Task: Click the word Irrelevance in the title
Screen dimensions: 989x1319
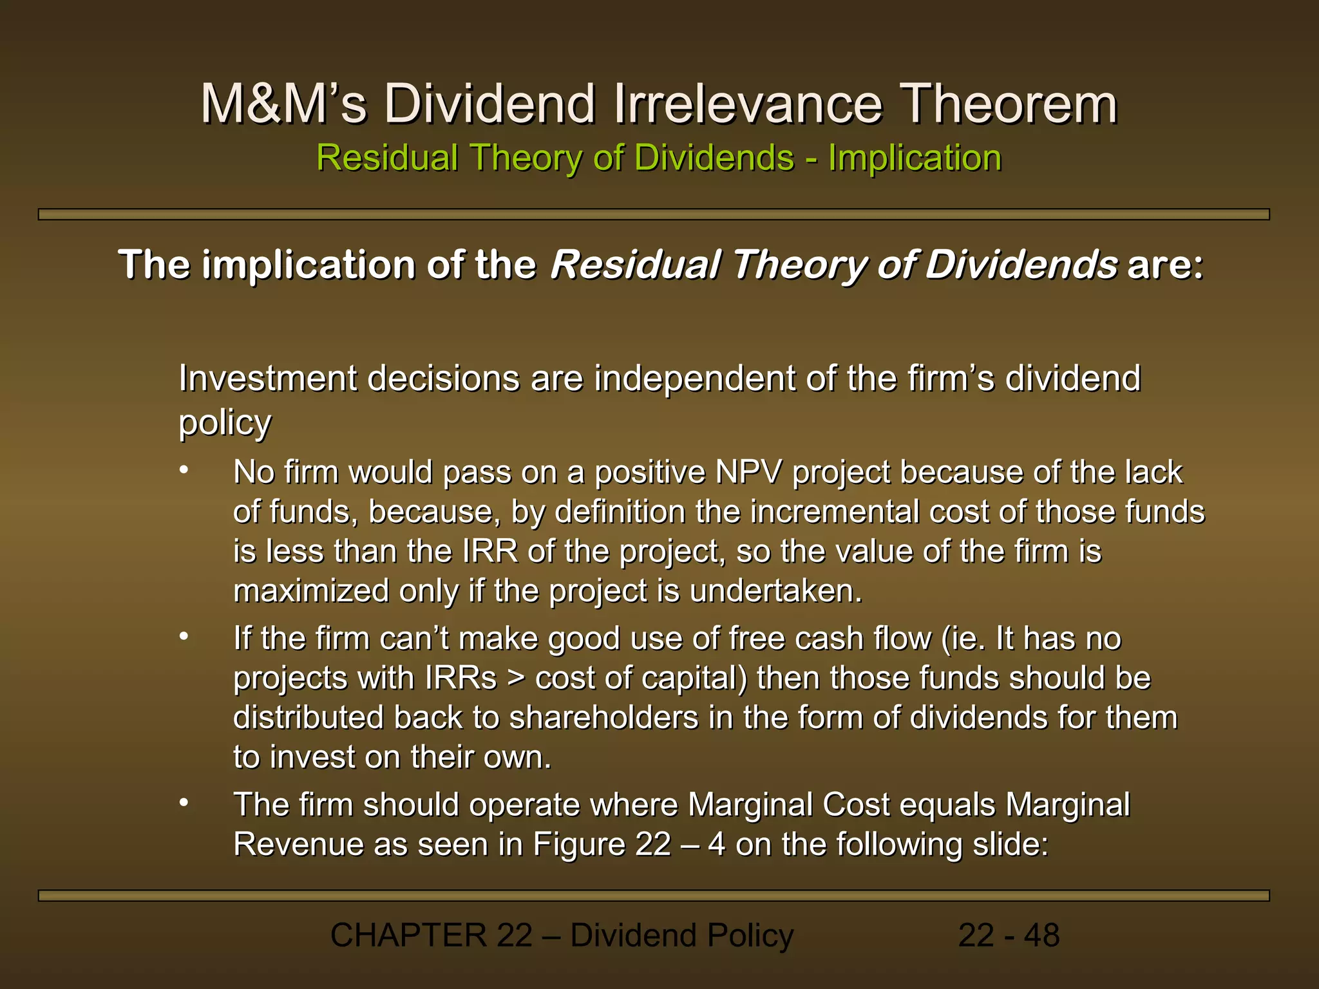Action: click(x=747, y=104)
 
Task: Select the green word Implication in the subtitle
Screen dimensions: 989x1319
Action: click(x=915, y=158)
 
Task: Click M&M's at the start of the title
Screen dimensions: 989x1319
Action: click(x=283, y=104)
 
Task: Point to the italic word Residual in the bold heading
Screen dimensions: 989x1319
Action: click(x=634, y=265)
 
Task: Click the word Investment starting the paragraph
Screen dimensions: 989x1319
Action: click(x=267, y=379)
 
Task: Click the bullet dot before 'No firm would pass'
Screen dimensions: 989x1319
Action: click(x=184, y=470)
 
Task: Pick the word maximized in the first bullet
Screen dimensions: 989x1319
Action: click(x=311, y=591)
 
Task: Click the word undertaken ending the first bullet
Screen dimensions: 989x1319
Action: click(x=775, y=591)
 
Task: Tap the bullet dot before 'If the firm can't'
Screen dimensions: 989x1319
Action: click(x=184, y=636)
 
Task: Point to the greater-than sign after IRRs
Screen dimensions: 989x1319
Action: click(x=516, y=679)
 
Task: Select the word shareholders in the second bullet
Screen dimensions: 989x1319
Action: click(x=603, y=718)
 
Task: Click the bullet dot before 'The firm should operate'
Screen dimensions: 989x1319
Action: click(x=184, y=802)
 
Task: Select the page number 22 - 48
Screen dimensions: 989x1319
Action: click(x=1009, y=936)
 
